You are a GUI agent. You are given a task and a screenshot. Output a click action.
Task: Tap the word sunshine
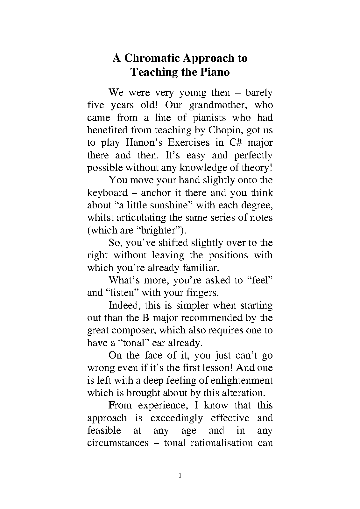[x=168, y=205]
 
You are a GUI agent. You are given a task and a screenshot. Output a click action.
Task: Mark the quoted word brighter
[x=161, y=230]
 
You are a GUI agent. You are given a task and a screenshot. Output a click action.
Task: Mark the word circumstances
[x=118, y=443]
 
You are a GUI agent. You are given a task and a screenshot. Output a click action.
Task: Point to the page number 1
[x=180, y=476]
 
